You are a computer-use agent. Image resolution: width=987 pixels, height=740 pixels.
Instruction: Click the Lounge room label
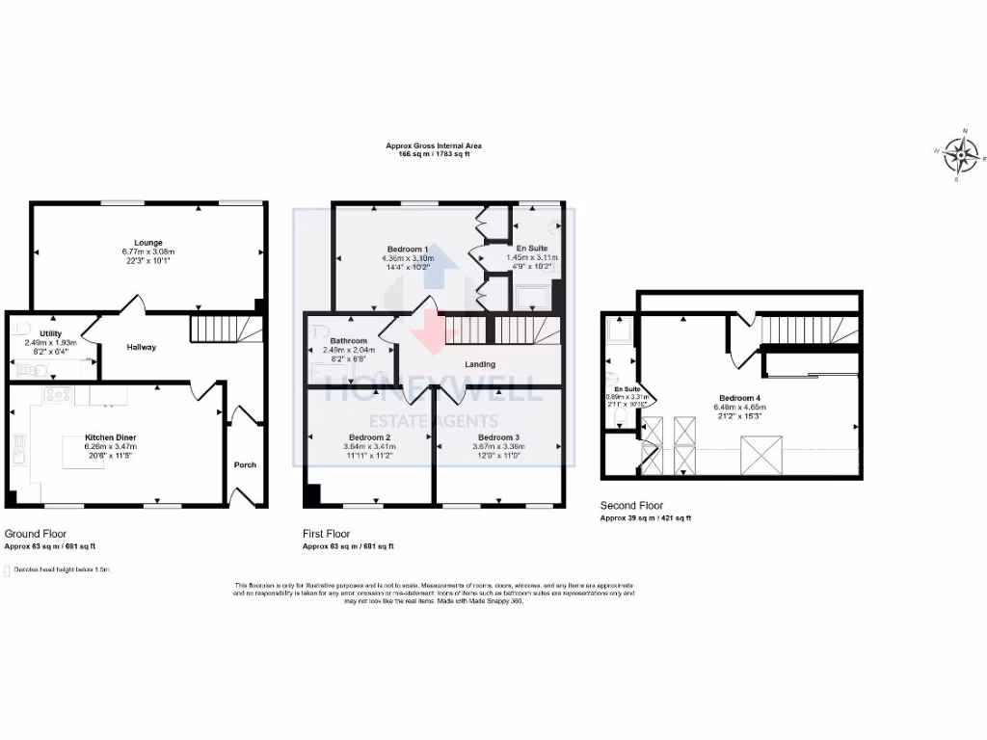(x=147, y=242)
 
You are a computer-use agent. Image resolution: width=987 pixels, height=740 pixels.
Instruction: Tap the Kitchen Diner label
(x=110, y=437)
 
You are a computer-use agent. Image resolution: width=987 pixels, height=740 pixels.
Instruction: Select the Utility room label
(x=50, y=332)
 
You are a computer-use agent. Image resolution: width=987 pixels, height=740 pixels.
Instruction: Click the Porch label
(x=245, y=464)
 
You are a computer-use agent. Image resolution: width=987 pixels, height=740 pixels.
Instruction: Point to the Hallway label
(x=141, y=347)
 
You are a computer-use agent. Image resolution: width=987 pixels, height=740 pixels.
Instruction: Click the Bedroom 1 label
(x=408, y=250)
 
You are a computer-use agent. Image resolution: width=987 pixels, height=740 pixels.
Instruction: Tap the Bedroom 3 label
(x=497, y=437)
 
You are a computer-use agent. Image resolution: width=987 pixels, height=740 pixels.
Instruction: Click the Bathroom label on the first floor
(x=348, y=341)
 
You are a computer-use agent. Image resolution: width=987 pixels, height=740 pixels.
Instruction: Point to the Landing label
(x=480, y=364)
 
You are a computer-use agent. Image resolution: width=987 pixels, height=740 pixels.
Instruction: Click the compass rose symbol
(x=960, y=152)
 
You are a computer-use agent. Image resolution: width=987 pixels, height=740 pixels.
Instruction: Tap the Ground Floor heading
(x=36, y=533)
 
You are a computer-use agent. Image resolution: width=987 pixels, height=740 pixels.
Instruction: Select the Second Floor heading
(x=631, y=505)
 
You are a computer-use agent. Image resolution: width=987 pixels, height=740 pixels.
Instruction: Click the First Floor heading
(x=326, y=533)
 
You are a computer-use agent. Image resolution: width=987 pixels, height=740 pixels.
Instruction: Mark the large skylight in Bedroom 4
(x=756, y=454)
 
